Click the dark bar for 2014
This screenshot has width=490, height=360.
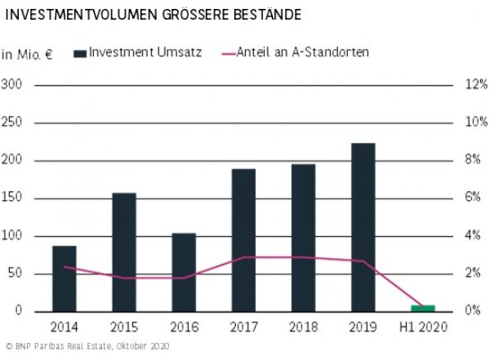point(65,278)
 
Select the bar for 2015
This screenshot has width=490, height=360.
point(124,252)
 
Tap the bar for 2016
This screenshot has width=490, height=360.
point(184,272)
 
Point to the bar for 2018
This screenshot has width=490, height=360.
point(303,238)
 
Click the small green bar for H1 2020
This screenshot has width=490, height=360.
point(422,308)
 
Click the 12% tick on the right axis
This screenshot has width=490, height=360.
point(477,85)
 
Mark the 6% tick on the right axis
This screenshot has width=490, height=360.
point(477,198)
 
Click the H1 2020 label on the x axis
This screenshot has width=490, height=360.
point(422,328)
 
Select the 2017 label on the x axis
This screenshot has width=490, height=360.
point(243,328)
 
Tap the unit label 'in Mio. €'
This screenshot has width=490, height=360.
point(27,55)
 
